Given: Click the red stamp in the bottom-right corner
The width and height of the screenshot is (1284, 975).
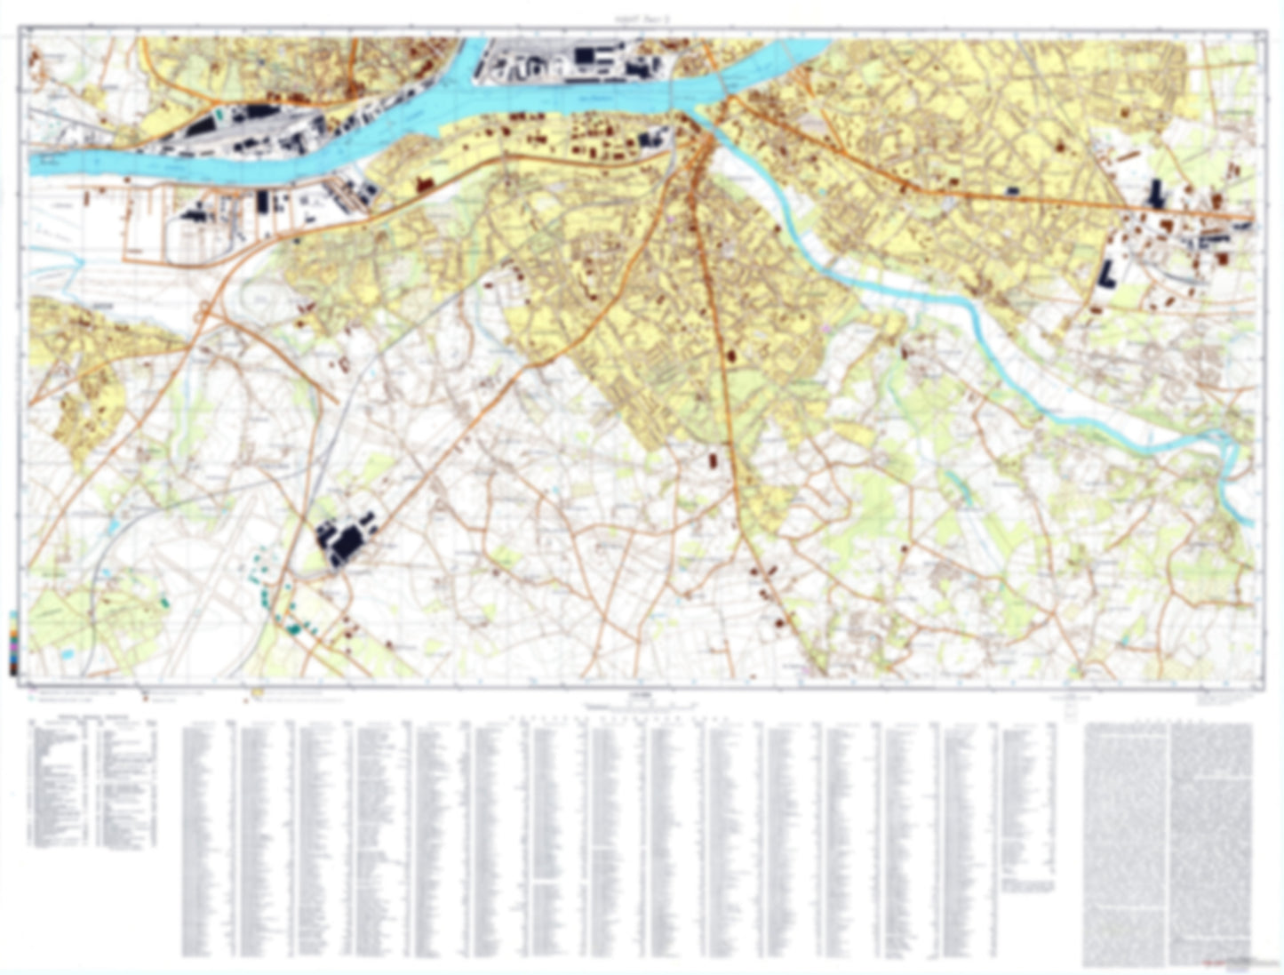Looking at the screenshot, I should coord(1234,963).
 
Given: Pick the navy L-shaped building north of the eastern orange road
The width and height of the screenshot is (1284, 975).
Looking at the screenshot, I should coord(1156,194).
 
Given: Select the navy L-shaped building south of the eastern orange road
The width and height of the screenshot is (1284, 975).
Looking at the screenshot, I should coord(1109,274).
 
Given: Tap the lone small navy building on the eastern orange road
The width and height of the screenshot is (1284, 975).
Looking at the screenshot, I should coord(1012,190).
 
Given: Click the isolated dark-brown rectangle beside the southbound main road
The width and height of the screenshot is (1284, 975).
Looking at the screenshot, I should coord(712,461).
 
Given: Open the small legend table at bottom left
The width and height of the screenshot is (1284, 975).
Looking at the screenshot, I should coord(93,782).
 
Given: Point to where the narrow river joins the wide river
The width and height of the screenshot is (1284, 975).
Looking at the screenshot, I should coord(702,116).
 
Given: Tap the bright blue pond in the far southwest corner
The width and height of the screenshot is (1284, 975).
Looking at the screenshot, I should coord(68,653).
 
